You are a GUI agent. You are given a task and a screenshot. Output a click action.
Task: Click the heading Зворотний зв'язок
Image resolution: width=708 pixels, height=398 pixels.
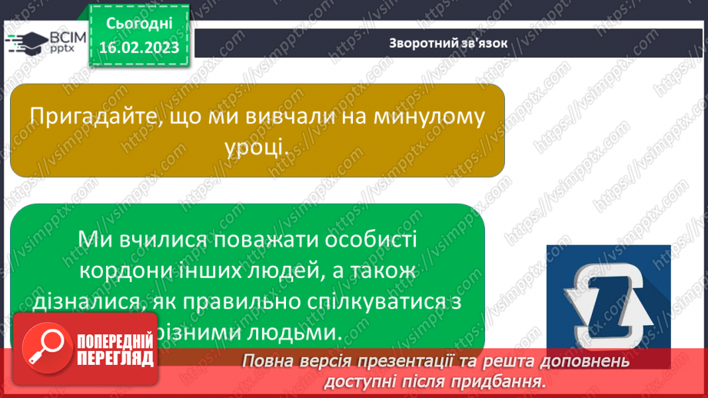448,43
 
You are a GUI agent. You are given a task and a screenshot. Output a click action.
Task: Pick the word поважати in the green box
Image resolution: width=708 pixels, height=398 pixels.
253,239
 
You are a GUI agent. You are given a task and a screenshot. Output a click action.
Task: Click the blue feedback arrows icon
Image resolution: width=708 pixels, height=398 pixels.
608,294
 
